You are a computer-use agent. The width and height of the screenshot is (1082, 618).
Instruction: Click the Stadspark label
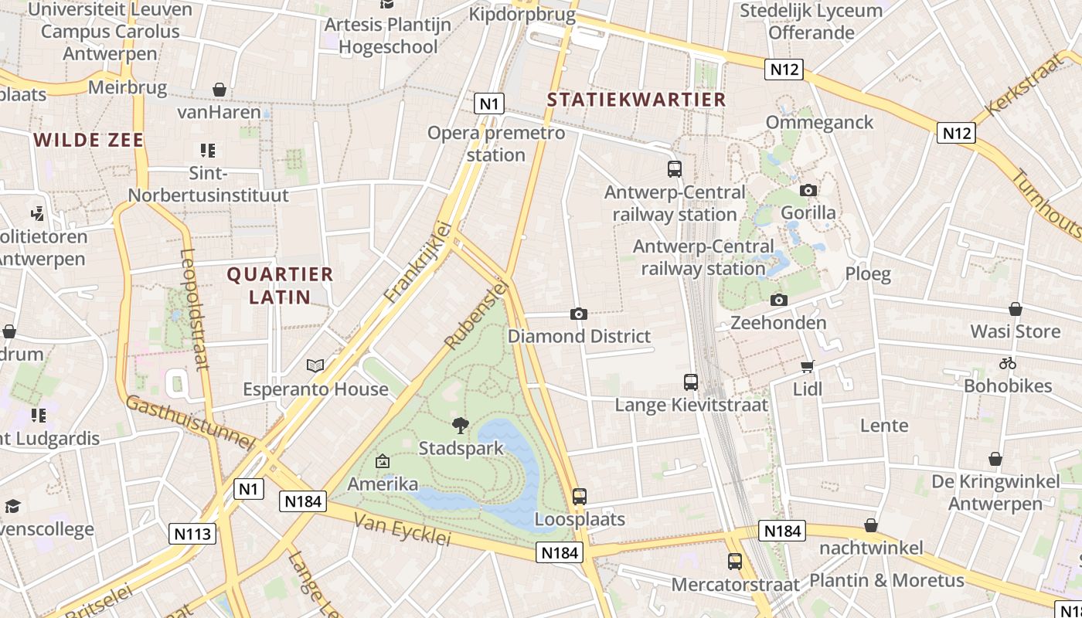(461, 448)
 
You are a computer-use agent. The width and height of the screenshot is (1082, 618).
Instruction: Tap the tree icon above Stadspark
(461, 425)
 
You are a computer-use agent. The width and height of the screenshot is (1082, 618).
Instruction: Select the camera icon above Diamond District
(578, 314)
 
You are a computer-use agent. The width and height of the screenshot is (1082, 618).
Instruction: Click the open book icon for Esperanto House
(315, 365)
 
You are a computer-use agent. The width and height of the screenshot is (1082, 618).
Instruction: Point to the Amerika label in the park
(383, 484)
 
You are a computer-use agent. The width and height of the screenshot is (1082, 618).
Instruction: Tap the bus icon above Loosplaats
(580, 496)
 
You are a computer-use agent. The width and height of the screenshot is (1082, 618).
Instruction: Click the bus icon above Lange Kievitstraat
(691, 382)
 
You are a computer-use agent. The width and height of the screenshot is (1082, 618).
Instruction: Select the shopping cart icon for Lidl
(808, 366)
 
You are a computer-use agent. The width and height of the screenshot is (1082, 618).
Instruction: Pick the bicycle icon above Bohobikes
(1007, 363)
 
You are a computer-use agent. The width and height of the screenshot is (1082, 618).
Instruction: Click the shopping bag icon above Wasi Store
(1016, 309)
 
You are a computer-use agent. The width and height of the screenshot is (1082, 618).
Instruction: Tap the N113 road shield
(192, 533)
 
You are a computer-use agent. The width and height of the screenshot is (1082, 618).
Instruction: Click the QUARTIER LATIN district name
(280, 285)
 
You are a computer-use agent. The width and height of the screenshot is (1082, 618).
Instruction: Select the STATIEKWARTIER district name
(637, 100)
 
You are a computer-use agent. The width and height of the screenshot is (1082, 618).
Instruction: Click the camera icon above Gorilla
(808, 190)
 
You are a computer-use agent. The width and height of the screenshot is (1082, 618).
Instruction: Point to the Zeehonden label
(778, 322)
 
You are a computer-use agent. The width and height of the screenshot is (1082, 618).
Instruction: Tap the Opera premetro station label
(496, 144)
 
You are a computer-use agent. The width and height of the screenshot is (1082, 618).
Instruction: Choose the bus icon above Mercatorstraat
(734, 562)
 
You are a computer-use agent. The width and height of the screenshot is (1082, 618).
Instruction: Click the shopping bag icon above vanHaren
(219, 90)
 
